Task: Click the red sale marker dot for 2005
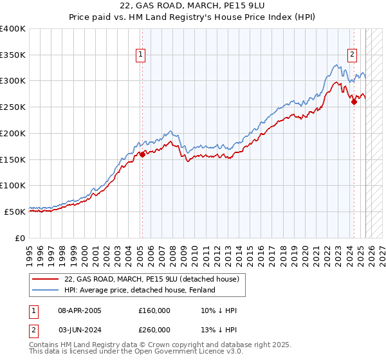point(142,154)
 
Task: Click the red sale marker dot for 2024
point(354,101)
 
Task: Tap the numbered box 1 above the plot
point(140,55)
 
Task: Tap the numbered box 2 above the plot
point(353,55)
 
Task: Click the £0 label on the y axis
point(21,237)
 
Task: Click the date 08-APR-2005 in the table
point(80,310)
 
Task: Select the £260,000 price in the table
point(154,330)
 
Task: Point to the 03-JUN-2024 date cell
point(80,330)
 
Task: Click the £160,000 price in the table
point(154,310)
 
